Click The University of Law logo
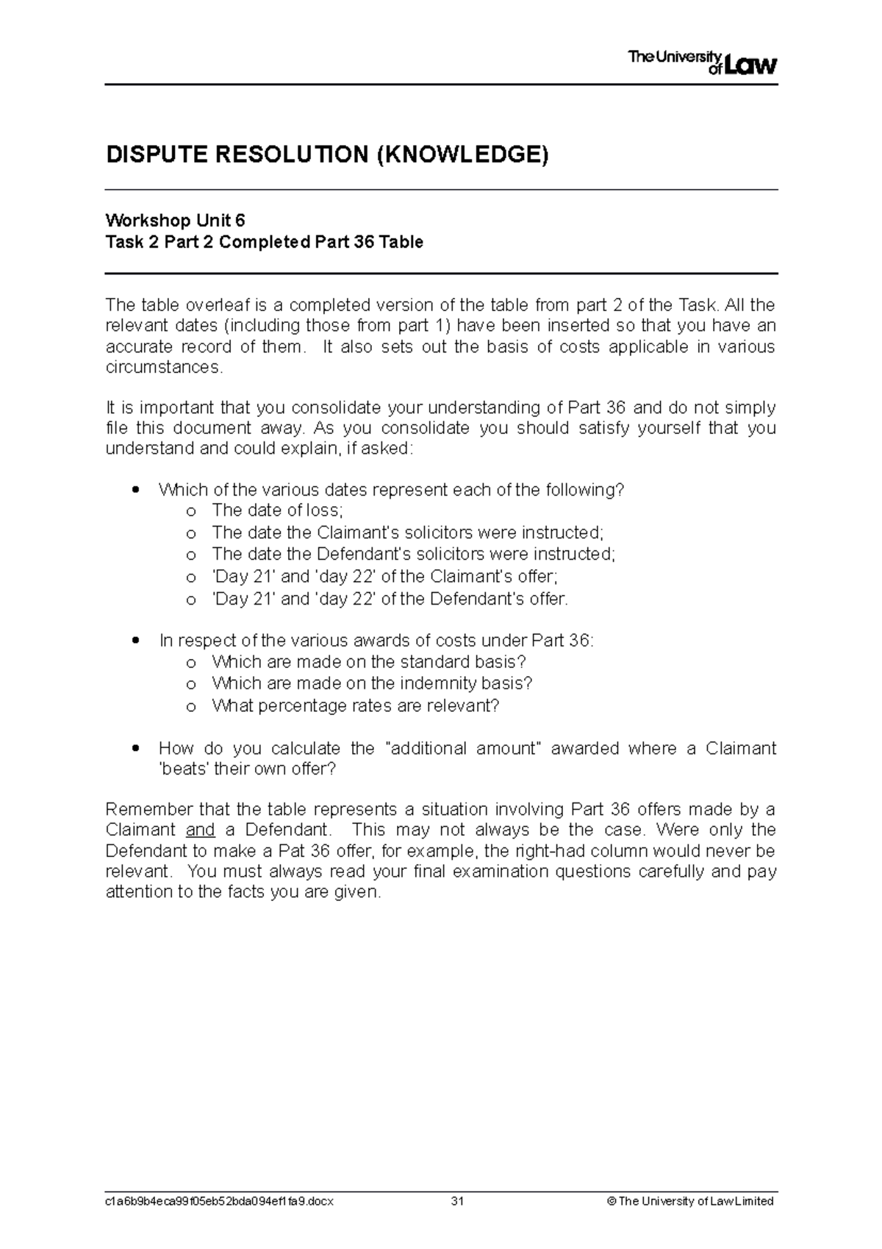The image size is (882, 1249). (x=702, y=63)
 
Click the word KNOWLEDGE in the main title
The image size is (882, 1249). (x=462, y=155)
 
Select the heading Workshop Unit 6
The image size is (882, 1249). (x=175, y=221)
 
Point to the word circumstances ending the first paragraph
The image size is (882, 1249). (x=162, y=367)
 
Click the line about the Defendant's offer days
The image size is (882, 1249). (x=390, y=599)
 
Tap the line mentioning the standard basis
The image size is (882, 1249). (x=369, y=662)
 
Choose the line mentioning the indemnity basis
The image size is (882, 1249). (x=372, y=683)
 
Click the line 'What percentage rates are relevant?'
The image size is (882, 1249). (x=356, y=706)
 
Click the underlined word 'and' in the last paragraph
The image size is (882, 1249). (x=200, y=830)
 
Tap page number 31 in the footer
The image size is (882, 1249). (x=458, y=1201)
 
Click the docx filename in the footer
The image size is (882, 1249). (x=220, y=1201)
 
